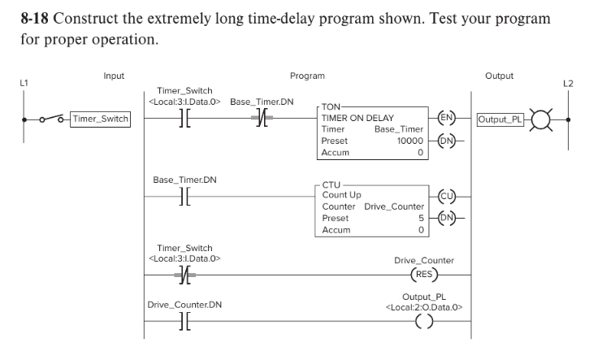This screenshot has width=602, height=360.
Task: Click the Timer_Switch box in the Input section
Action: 100,119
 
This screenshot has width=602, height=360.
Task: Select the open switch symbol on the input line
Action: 53,119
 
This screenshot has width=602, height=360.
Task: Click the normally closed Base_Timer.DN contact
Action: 260,119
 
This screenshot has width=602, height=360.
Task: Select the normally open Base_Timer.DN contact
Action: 183,196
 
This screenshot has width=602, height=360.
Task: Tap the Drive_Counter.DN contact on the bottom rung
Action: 183,320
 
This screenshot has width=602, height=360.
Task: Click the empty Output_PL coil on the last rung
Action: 423,319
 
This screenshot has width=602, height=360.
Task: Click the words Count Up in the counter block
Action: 342,195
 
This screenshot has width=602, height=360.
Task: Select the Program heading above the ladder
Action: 307,76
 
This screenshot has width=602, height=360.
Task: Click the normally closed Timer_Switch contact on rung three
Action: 183,274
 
